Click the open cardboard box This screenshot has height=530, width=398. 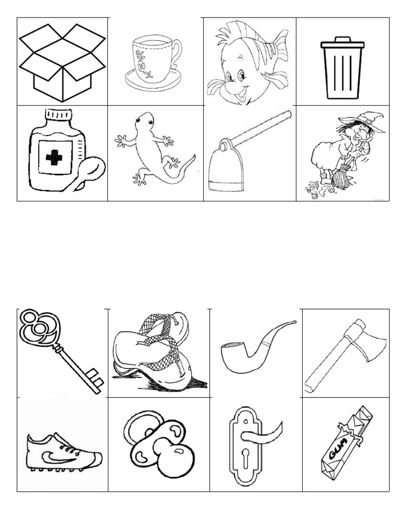click(x=62, y=62)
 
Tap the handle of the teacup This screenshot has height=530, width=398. click(x=177, y=54)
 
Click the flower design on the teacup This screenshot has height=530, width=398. click(x=141, y=63)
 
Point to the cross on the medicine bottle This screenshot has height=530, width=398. click(x=54, y=157)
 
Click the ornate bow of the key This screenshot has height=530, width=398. click(x=37, y=326)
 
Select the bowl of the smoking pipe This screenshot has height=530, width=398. click(x=235, y=357)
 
